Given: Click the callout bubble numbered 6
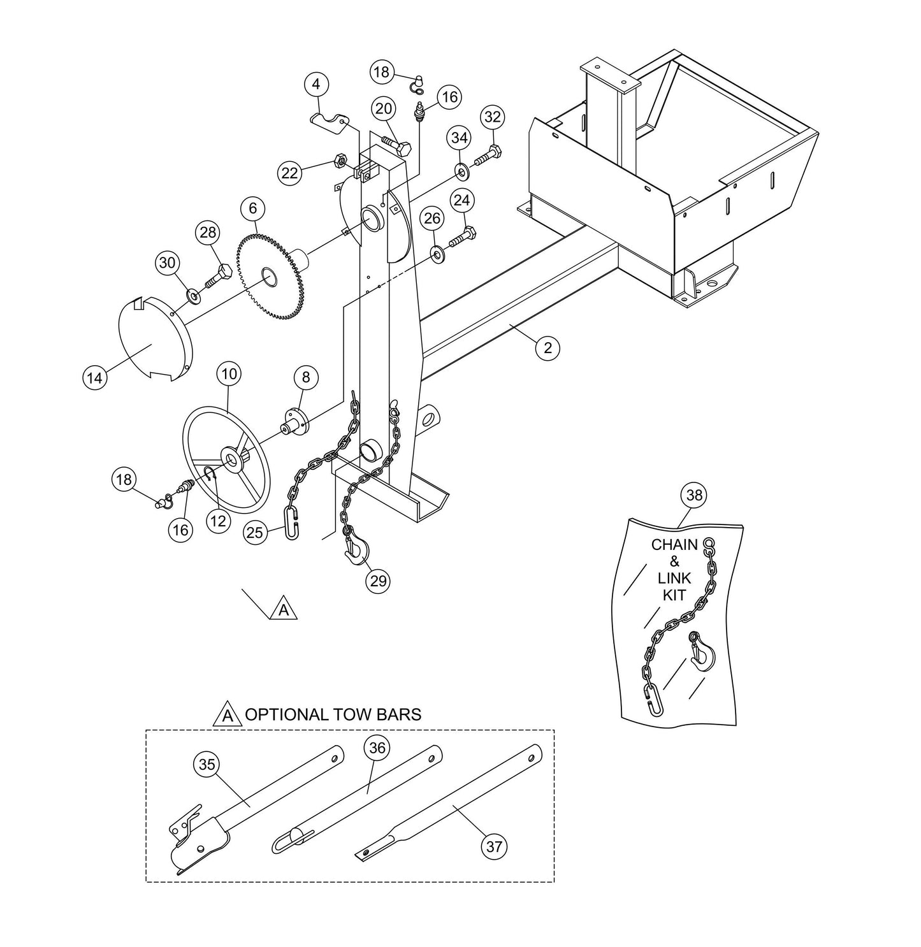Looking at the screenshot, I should (x=252, y=208).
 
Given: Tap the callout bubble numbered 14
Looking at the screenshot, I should (x=94, y=378).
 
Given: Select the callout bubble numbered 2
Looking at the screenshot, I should (x=548, y=348).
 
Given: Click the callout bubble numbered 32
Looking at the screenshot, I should (x=493, y=117).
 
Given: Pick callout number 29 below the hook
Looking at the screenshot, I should (x=378, y=581).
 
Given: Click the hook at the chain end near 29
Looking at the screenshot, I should (x=354, y=549).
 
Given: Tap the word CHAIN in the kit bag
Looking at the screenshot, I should (x=674, y=546).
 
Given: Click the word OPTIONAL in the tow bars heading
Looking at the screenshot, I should (x=284, y=714).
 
